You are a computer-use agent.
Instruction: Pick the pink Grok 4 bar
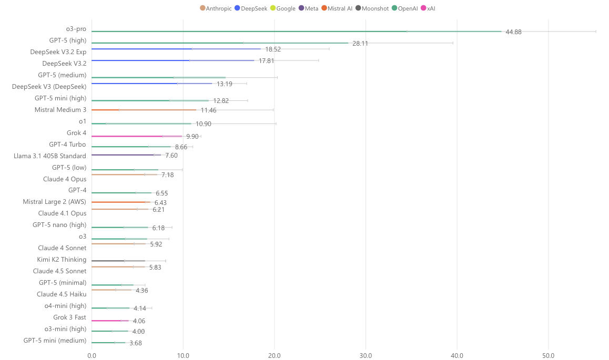[137, 136]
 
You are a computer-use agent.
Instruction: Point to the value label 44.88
[513, 32]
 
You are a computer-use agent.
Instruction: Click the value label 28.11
[360, 44]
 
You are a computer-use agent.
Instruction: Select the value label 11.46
[208, 110]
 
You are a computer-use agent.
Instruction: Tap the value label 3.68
[136, 343]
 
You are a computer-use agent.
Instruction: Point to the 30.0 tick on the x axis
[366, 356]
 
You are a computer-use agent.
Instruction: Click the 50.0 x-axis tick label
[548, 356]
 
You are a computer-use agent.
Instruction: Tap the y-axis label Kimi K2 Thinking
[62, 260]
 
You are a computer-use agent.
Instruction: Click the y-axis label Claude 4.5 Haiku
[62, 294]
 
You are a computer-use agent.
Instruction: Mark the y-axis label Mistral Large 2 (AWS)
[55, 202]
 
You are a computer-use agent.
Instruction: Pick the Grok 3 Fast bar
[110, 320]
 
